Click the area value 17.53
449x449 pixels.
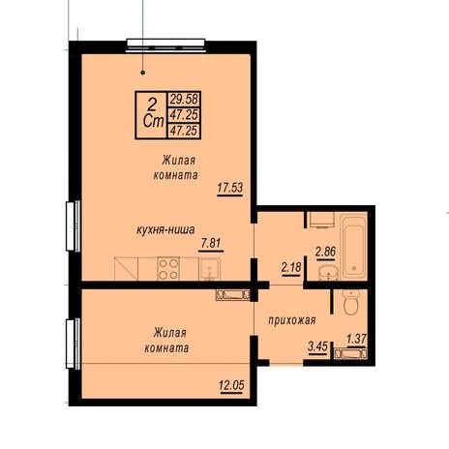tap(230, 188)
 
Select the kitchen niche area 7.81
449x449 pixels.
tap(212, 243)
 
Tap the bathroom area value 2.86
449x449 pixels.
tap(326, 251)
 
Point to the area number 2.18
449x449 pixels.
tap(291, 267)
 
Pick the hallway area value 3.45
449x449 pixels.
tap(317, 346)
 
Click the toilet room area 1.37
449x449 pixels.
tap(356, 339)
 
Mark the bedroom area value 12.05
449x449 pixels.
tap(231, 385)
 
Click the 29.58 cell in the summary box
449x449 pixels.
tap(184, 99)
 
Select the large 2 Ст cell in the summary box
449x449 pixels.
tap(152, 115)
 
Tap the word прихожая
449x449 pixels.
tap(292, 320)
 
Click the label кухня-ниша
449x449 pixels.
tap(165, 229)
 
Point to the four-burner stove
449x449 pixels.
tap(168, 268)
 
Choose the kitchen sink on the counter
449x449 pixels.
tap(210, 269)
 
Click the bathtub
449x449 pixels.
tap(354, 248)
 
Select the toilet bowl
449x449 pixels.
tap(350, 302)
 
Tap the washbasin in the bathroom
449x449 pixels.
tap(328, 273)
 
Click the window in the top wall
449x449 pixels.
tap(165, 45)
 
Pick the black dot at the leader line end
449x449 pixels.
tap(143, 73)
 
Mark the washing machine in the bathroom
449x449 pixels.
tap(321, 220)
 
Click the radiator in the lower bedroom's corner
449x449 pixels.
tap(232, 295)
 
